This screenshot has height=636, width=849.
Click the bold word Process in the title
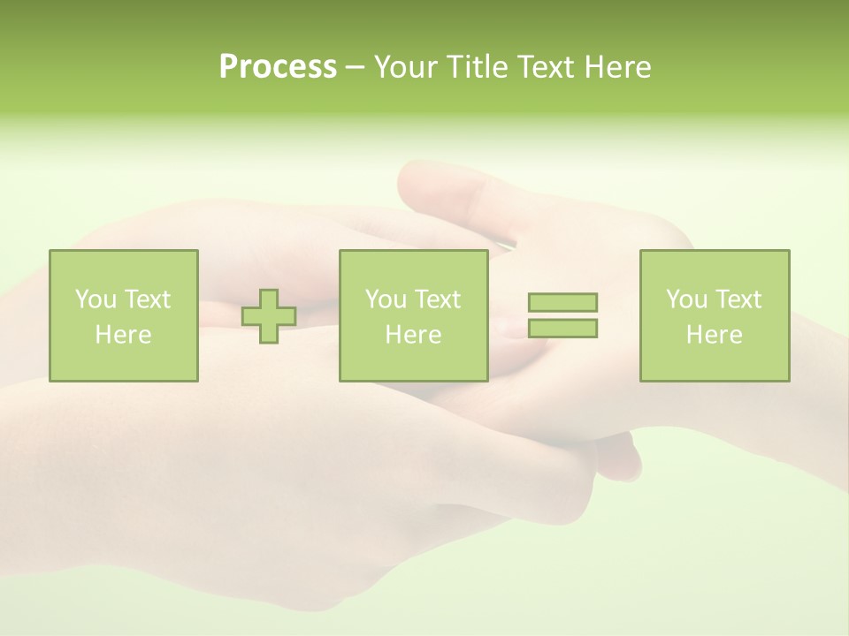278,67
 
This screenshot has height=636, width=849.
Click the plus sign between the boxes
269,316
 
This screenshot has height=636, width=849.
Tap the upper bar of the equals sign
562,302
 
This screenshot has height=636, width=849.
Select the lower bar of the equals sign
562,328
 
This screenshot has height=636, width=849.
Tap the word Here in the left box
123,335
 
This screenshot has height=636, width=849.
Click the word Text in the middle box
437,299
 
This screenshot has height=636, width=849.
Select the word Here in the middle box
413,335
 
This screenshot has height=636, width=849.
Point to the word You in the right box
686,299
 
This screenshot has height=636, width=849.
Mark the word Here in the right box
714,335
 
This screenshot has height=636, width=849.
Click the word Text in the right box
738,299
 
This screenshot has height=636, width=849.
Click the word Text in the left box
147,299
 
